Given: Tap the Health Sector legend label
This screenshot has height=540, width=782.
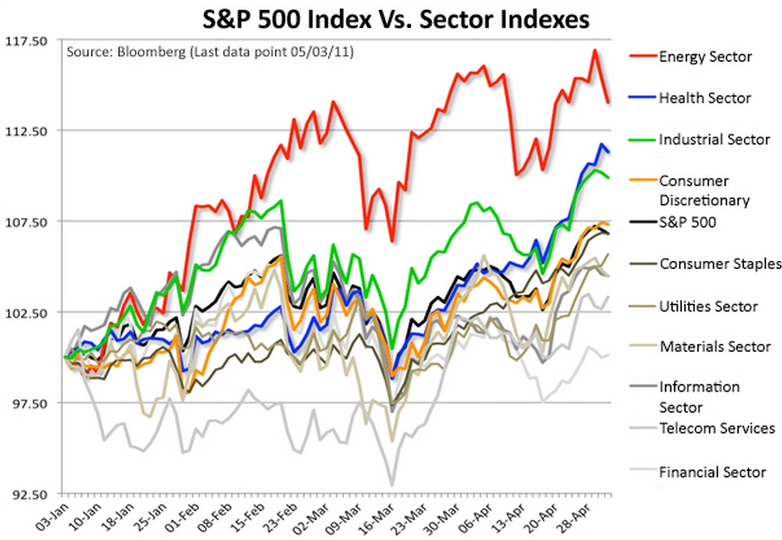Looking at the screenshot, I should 705,97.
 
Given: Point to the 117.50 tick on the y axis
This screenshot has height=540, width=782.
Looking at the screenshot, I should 32,41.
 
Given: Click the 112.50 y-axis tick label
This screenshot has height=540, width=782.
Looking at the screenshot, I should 32,131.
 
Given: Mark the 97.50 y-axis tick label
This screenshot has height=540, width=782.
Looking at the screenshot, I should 32,403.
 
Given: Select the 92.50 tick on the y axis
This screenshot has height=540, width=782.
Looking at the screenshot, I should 32,494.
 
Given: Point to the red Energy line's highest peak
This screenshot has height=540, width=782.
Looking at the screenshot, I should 596,50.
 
